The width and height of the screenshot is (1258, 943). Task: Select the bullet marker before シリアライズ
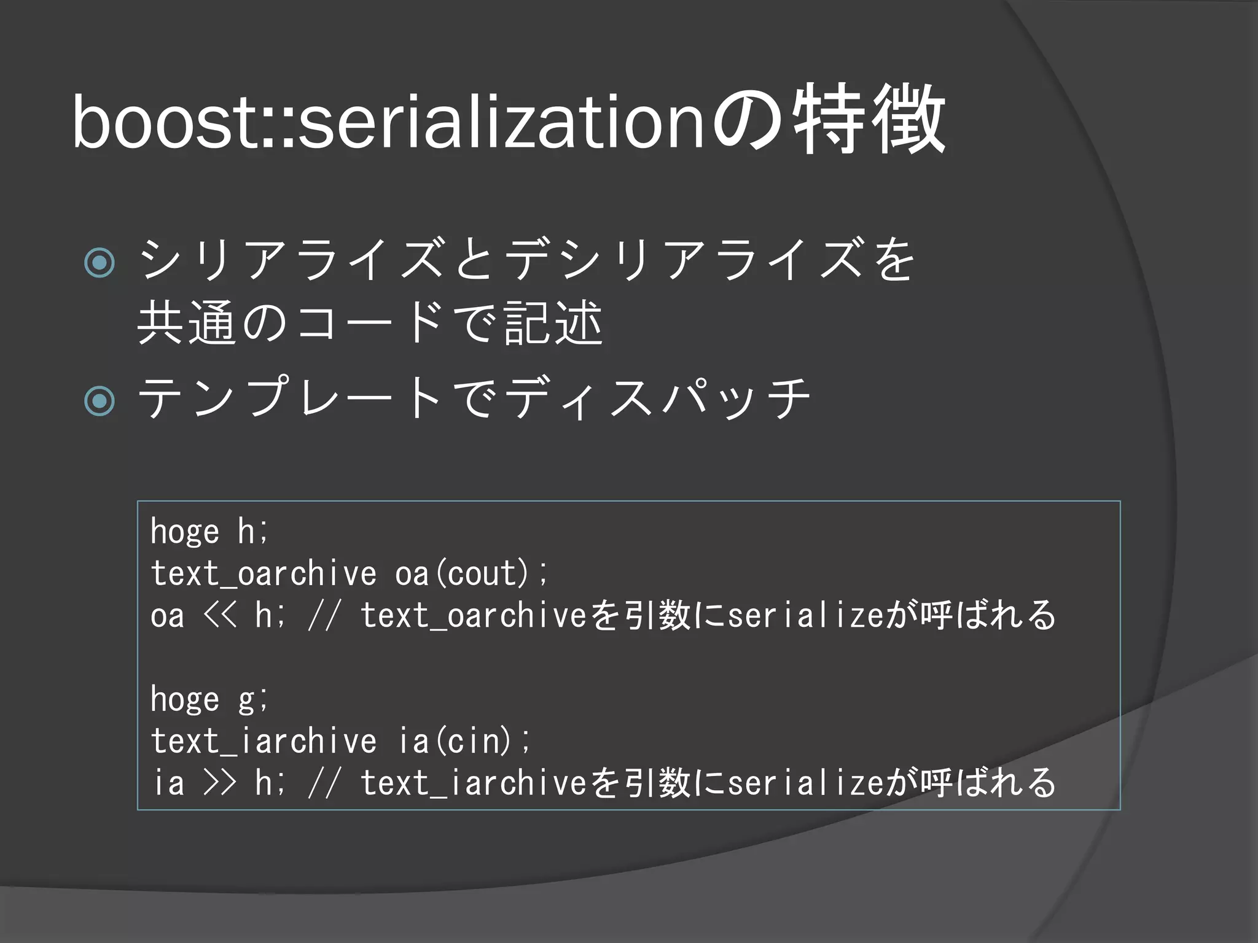coord(100,263)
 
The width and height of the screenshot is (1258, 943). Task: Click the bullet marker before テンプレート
coord(100,401)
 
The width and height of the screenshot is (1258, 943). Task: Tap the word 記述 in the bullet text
coord(553,323)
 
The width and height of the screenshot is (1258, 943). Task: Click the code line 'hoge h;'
coord(209,532)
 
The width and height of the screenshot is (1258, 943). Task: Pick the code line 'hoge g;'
coord(209,699)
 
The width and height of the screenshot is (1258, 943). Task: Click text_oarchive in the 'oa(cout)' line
coord(264,574)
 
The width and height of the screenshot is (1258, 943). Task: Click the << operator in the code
coord(219,616)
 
